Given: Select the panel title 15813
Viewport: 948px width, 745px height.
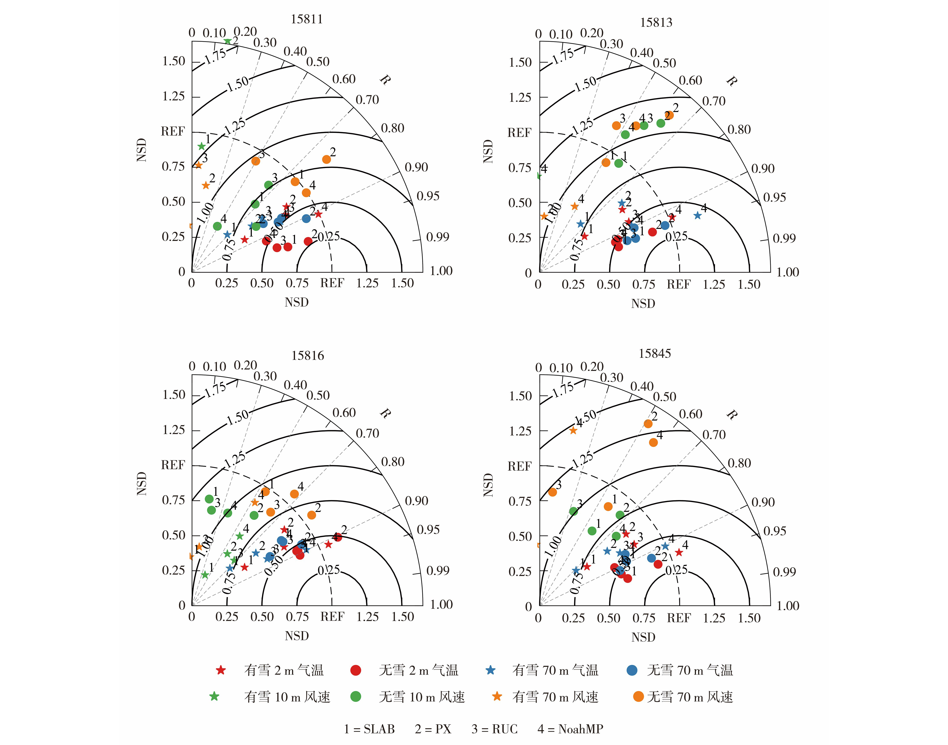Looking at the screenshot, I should pos(656,22).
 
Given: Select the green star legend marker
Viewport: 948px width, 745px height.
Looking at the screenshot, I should pos(214,697).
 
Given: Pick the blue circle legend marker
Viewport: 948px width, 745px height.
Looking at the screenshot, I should pos(632,670).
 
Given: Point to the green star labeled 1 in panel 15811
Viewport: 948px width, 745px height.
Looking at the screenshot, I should pos(201,146).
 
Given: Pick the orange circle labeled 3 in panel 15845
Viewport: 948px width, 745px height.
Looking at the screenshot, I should pos(552,492).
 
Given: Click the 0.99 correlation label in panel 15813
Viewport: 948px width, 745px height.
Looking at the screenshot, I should pos(784,238).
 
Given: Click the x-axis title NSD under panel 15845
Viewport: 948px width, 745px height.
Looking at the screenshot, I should pos(643,637).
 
